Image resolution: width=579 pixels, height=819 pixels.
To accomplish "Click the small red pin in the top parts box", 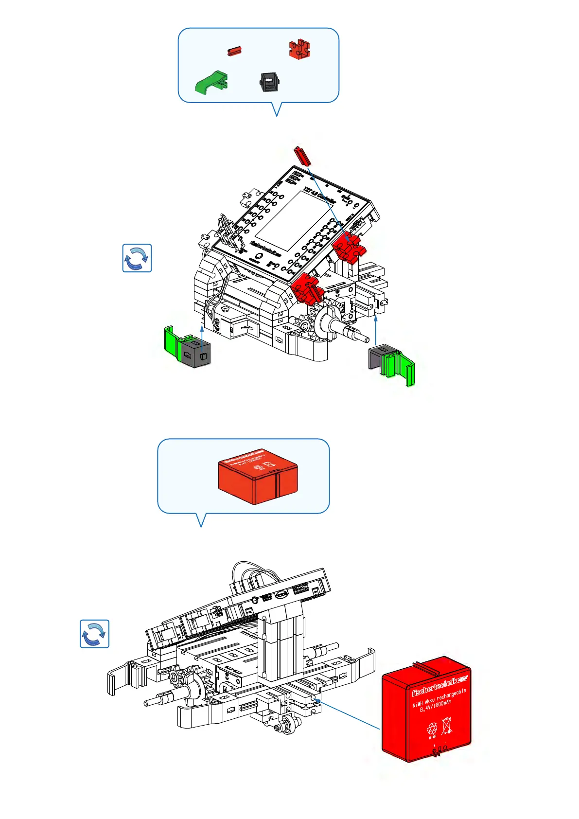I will click(234, 51).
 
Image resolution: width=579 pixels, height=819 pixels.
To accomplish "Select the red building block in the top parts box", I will click(299, 50).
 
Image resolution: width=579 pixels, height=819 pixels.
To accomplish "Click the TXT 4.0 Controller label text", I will click(320, 196).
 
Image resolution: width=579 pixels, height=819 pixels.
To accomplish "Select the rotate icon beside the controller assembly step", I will click(137, 258).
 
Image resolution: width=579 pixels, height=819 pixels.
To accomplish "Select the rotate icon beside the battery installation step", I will click(94, 634).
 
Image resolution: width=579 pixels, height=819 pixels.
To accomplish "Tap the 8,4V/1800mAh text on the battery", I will click(436, 706).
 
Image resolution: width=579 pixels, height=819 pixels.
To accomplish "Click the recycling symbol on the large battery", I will click(432, 729).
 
